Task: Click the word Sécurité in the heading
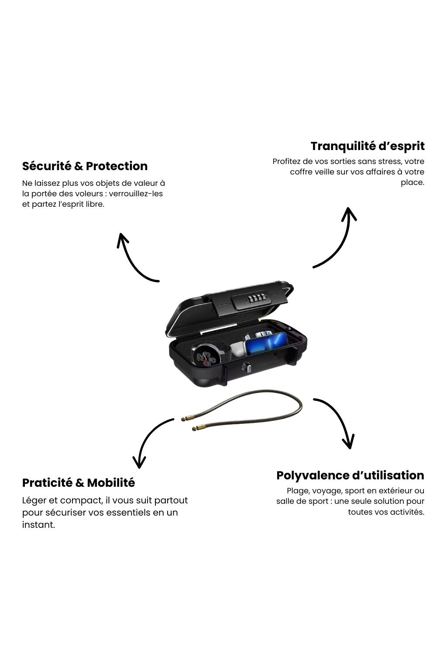click(47, 166)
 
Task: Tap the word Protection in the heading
click(117, 166)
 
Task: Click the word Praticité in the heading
click(47, 483)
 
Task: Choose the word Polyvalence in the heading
click(313, 475)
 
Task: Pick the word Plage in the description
click(297, 491)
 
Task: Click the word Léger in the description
click(34, 500)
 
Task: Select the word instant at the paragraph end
click(38, 525)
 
